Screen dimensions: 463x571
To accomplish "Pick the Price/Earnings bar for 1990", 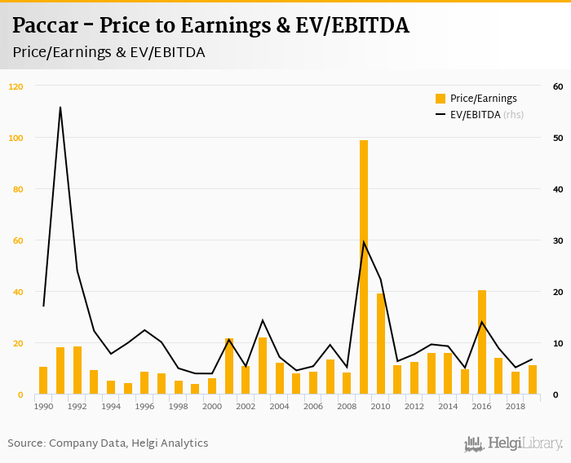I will [x=43, y=381].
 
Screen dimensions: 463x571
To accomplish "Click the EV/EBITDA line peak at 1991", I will [x=60, y=107].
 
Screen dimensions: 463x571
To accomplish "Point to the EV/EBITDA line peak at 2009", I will [x=364, y=241].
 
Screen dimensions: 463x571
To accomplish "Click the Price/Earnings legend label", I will [x=483, y=99].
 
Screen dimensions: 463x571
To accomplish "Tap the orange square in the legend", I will [x=440, y=99].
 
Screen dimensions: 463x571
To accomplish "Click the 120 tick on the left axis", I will [x=16, y=86].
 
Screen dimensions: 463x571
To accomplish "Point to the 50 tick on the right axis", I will [x=558, y=138].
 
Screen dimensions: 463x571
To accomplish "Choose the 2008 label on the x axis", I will [x=347, y=406].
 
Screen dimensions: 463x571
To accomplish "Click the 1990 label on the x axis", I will [x=43, y=406].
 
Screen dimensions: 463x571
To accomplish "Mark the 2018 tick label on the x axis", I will [x=516, y=406].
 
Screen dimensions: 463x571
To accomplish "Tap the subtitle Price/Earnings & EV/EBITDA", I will [x=108, y=52].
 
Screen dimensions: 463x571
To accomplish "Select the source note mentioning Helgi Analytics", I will [x=108, y=443].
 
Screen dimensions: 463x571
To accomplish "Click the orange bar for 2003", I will [x=263, y=366].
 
